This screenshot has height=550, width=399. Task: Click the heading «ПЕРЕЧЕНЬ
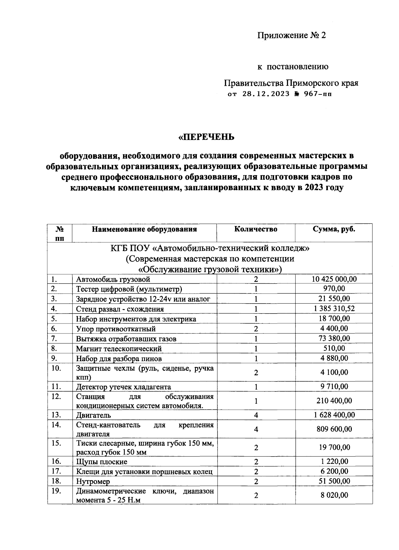click(x=206, y=137)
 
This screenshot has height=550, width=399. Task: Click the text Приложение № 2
click(x=292, y=35)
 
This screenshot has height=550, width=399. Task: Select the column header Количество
click(x=256, y=229)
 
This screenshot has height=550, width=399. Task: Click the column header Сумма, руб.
click(x=334, y=229)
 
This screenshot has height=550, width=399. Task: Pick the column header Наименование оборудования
click(x=144, y=229)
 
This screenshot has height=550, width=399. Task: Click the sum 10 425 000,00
click(x=334, y=279)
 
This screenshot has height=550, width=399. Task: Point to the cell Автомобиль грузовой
click(x=113, y=279)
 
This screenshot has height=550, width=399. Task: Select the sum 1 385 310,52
click(x=334, y=309)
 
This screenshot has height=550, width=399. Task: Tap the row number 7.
click(x=55, y=339)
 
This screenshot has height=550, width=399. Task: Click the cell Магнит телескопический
click(x=119, y=349)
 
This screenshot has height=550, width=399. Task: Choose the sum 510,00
click(x=334, y=348)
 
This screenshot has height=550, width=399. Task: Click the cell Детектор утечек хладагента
click(x=123, y=387)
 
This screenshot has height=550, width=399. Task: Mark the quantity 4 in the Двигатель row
click(x=256, y=415)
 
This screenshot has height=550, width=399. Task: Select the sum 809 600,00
click(x=334, y=429)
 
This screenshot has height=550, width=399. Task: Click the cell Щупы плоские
click(x=101, y=462)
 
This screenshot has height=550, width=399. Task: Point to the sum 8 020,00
click(x=334, y=495)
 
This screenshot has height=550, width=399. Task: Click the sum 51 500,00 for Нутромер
click(x=334, y=481)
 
